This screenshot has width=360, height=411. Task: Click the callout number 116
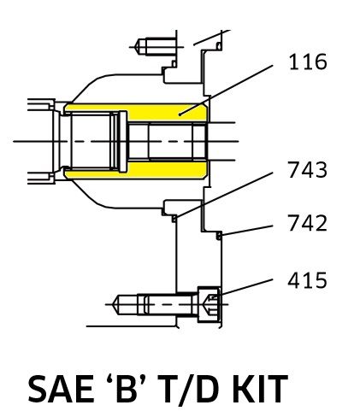(308, 62)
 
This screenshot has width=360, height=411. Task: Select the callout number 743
(307, 170)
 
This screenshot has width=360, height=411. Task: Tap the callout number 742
(307, 223)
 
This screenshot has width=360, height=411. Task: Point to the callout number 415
(307, 280)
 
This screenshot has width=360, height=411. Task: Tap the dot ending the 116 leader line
(180, 114)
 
